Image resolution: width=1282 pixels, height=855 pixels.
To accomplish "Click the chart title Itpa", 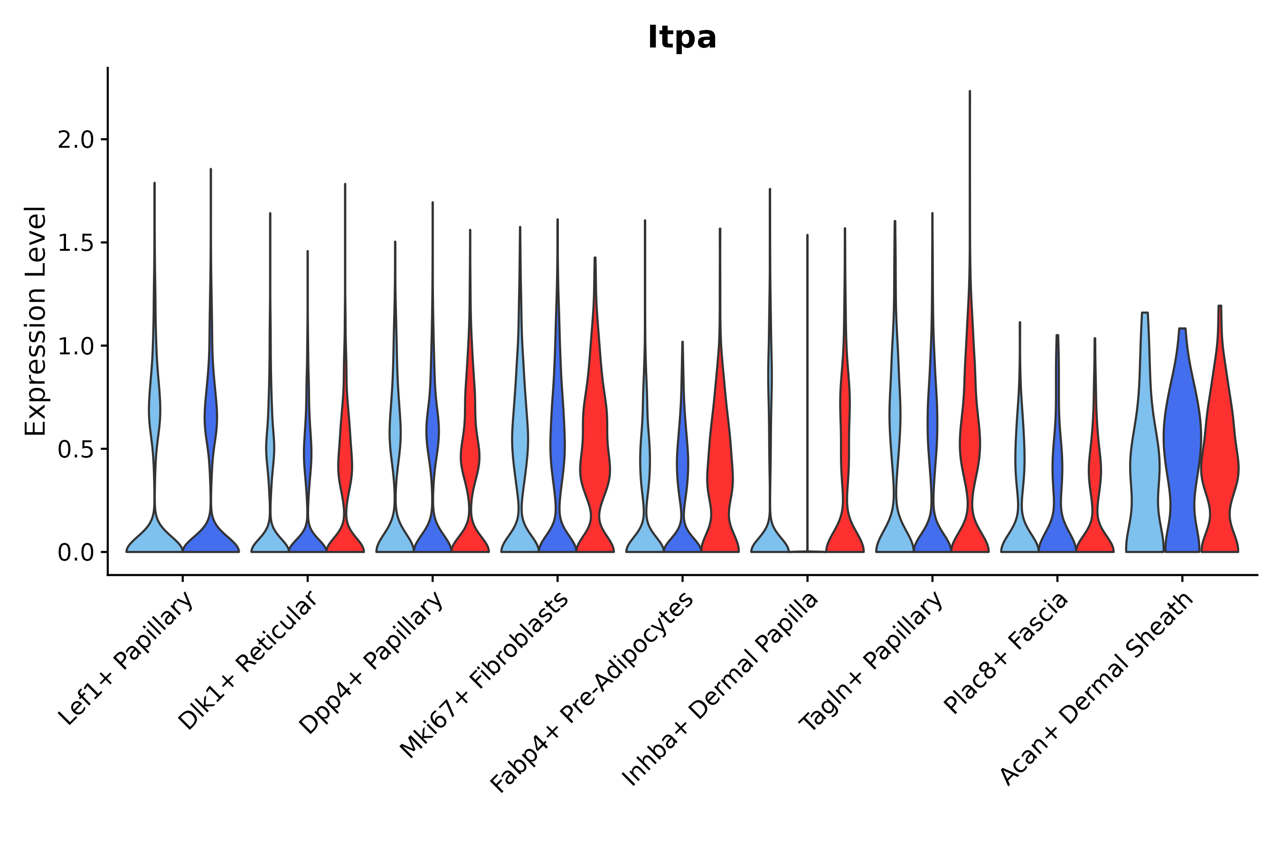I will pyautogui.click(x=681, y=38).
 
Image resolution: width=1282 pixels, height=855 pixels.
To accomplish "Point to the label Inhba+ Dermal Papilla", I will pyautogui.click(x=720, y=689).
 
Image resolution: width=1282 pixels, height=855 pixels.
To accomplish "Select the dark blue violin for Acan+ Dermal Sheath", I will pyautogui.click(x=1182, y=447).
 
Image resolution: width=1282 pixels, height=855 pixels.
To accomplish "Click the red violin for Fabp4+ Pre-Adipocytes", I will pyautogui.click(x=719, y=480).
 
